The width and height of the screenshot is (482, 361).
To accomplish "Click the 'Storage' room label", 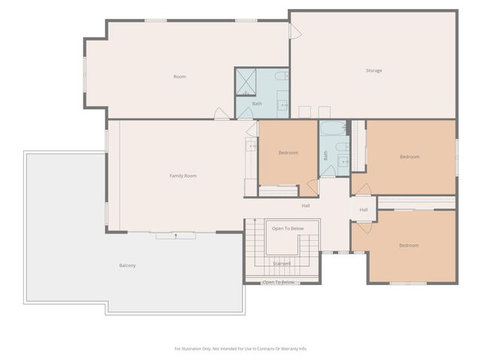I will (374, 71).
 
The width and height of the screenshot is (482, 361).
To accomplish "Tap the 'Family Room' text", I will (182, 176).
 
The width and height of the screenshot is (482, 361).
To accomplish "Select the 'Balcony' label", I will (127, 265).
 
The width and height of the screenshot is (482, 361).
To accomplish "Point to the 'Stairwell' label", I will (282, 263).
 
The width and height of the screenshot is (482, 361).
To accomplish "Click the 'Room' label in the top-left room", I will (179, 77).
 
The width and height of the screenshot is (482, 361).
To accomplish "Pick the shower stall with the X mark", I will (246, 81).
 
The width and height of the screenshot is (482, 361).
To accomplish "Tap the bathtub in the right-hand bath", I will (333, 129).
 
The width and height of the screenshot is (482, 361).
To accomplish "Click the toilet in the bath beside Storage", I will (280, 76).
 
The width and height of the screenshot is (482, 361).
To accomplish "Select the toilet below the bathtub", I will (340, 147).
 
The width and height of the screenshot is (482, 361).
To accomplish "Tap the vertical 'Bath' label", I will (326, 156).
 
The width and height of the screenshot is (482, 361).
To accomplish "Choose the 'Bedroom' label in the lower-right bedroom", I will (409, 246).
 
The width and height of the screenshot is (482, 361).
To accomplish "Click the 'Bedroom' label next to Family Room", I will (288, 153).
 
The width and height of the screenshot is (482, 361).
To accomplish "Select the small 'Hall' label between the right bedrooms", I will (364, 210).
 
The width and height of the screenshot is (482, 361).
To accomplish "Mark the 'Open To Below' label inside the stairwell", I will (288, 229).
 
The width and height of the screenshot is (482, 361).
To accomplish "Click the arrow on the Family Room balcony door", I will (176, 236).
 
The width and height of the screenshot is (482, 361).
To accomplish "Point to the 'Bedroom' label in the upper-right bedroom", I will (409, 156).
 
